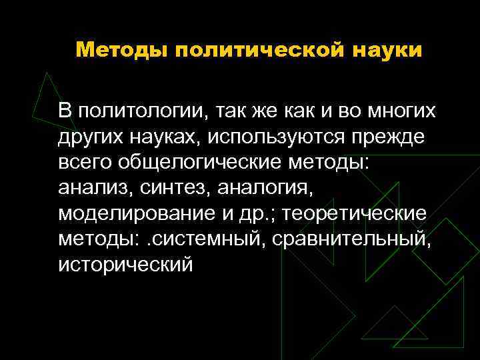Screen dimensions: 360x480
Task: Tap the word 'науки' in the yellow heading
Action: click(x=389, y=50)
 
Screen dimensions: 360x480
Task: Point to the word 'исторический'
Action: click(x=125, y=265)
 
